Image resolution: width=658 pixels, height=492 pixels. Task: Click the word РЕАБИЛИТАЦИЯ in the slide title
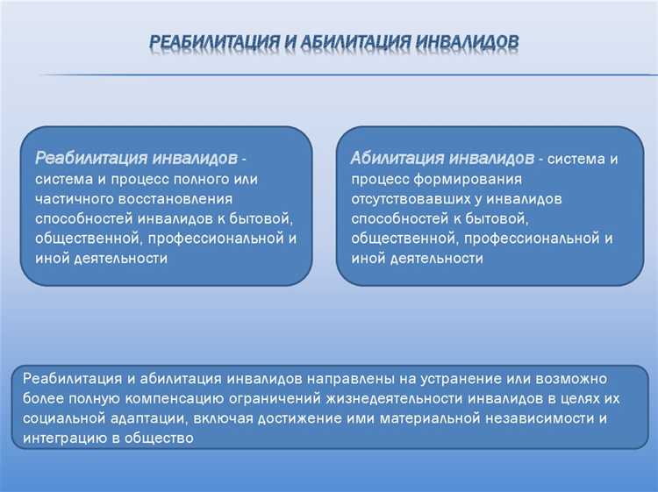click(x=206, y=41)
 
